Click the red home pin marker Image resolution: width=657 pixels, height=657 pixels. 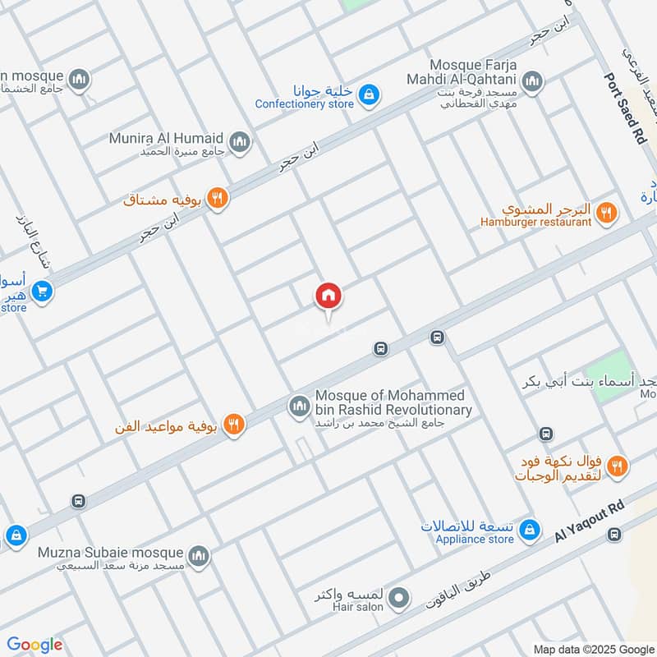[x=328, y=296]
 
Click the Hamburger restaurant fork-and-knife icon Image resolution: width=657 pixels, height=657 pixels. [x=606, y=213]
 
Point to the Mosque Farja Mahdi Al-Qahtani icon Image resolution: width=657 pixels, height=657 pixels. [x=533, y=80]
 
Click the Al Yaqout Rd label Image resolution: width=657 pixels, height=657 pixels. [x=589, y=522]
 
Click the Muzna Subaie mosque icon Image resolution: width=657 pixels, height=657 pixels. [x=198, y=558]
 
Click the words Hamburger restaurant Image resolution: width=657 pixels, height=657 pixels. [x=536, y=222]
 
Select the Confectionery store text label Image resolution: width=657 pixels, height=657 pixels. [x=304, y=104]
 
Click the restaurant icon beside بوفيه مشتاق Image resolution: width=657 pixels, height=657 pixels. [x=217, y=198]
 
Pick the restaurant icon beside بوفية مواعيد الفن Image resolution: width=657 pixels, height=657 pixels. [x=234, y=425]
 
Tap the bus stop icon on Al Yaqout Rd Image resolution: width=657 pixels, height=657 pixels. [x=613, y=535]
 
